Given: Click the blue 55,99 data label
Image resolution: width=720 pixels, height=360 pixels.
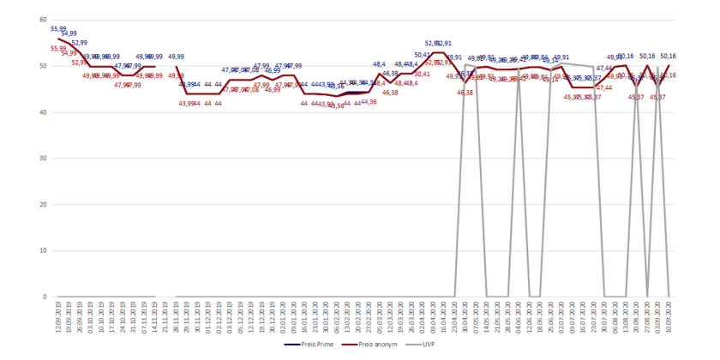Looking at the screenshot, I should click(x=58, y=29).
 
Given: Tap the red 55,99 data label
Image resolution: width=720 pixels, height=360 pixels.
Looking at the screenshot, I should click(x=58, y=49).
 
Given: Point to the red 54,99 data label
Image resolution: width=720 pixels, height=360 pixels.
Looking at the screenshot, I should click(x=69, y=53).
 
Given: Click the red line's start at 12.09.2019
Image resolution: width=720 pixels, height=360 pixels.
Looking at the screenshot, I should click(x=58, y=39).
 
